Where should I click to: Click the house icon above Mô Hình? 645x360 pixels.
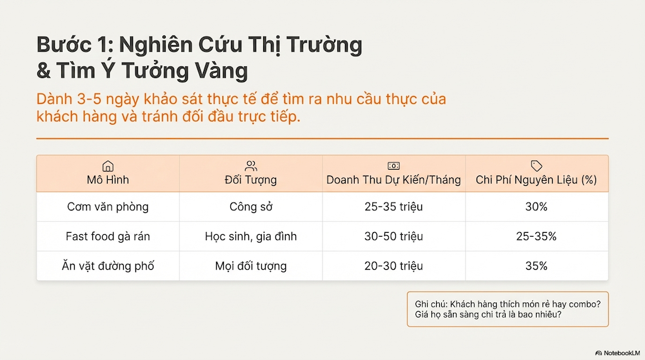pyautogui.click(x=108, y=166)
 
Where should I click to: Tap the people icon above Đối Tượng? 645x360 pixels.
pyautogui.click(x=251, y=166)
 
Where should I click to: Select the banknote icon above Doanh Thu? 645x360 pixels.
pyautogui.click(x=393, y=166)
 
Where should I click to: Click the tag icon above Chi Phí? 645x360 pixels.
pyautogui.click(x=536, y=166)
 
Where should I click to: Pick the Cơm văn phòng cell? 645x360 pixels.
pyautogui.click(x=108, y=207)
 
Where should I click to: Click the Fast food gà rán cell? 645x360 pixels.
pyautogui.click(x=108, y=236)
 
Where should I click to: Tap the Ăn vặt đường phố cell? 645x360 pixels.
pyautogui.click(x=108, y=266)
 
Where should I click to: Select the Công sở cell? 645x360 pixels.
pyautogui.click(x=251, y=207)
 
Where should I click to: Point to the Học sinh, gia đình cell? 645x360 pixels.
pyautogui.click(x=251, y=236)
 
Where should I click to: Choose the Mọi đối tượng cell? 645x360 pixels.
pyautogui.click(x=251, y=266)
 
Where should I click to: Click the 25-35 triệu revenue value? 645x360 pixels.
pyautogui.click(x=393, y=207)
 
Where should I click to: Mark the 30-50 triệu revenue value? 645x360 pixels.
pyautogui.click(x=393, y=236)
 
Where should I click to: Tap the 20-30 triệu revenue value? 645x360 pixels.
pyautogui.click(x=393, y=266)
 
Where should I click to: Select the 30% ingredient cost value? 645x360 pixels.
pyautogui.click(x=536, y=207)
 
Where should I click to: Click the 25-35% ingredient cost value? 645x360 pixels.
pyautogui.click(x=536, y=236)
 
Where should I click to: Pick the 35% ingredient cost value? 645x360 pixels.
pyautogui.click(x=536, y=266)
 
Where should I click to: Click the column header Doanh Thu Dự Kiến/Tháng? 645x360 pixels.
pyautogui.click(x=393, y=180)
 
